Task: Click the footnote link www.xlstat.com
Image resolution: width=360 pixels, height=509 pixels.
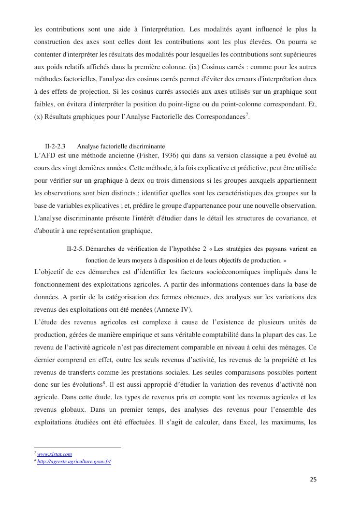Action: click(x=55, y=454)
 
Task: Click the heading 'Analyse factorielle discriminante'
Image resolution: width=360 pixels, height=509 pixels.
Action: click(x=121, y=146)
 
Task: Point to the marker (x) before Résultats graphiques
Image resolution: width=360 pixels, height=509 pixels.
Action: click(x=39, y=116)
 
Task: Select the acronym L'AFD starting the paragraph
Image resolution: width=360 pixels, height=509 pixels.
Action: click(x=45, y=155)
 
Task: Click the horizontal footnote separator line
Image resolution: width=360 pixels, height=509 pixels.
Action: click(x=77, y=448)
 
